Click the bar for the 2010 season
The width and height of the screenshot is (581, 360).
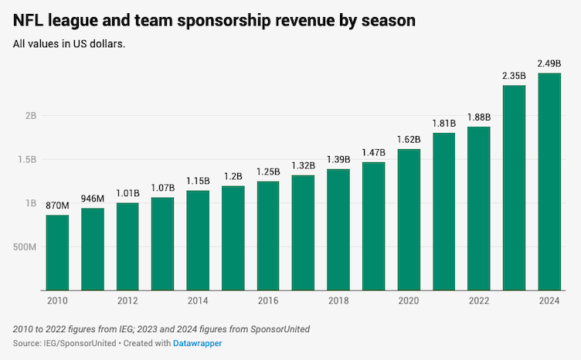57,253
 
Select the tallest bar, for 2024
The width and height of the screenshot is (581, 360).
549,182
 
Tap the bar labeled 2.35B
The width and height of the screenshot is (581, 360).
514,188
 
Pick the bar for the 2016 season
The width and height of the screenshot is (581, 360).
268,236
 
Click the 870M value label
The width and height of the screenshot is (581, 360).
57,206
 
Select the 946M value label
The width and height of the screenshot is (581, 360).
93,199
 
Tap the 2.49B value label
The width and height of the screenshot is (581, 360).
549,64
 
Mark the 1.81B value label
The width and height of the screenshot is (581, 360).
443,124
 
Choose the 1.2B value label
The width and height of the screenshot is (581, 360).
233,177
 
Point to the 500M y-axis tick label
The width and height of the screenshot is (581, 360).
25,247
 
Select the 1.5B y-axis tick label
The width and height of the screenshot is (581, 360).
27,160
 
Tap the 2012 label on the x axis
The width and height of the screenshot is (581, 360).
127,301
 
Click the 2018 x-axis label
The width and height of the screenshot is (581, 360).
338,301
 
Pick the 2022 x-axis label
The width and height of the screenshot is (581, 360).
479,301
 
